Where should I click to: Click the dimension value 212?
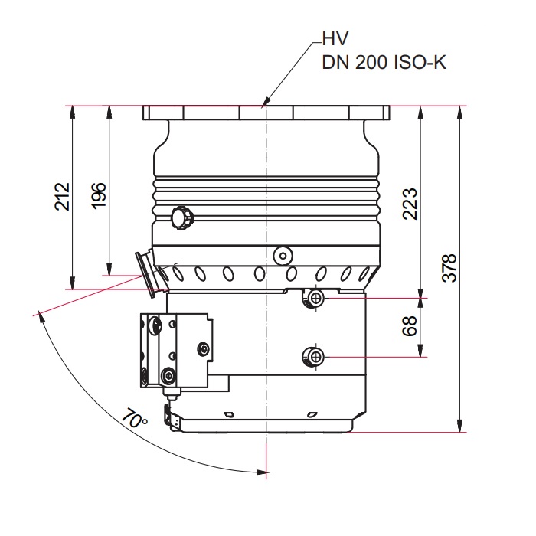click(63, 197)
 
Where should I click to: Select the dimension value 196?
click(99, 196)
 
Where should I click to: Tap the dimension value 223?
click(410, 204)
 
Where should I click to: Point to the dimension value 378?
click(449, 268)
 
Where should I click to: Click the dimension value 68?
click(410, 326)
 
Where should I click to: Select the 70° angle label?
click(134, 418)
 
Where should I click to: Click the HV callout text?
click(335, 38)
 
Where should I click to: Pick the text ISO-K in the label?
click(420, 63)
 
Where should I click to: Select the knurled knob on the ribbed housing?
click(182, 218)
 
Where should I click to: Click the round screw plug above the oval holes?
click(283, 255)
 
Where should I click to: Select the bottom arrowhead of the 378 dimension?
click(460, 427)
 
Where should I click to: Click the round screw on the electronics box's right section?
click(204, 349)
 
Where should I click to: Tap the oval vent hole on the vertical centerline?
click(260, 274)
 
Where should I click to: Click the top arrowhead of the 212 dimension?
click(72, 112)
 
